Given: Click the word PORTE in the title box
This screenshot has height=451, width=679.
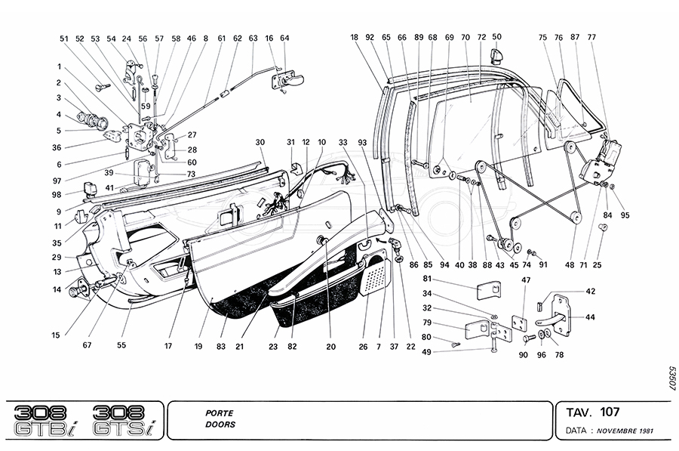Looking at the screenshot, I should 219,413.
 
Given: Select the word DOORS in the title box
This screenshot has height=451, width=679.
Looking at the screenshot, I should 220,425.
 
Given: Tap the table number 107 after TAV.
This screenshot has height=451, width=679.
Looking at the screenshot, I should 610,412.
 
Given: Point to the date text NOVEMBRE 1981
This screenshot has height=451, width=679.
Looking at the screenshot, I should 627,431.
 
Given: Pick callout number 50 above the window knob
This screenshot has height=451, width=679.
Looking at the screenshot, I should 496,36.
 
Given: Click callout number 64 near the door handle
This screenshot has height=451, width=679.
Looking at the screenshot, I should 284,37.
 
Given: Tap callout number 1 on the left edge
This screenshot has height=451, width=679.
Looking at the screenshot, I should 58,66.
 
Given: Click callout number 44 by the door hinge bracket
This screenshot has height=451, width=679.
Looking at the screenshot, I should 591,317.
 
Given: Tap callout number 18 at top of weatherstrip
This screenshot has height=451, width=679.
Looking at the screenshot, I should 355,36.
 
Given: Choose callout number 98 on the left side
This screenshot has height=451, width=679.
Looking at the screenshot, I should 58,194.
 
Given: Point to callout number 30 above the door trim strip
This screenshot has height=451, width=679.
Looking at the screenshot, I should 260,142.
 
